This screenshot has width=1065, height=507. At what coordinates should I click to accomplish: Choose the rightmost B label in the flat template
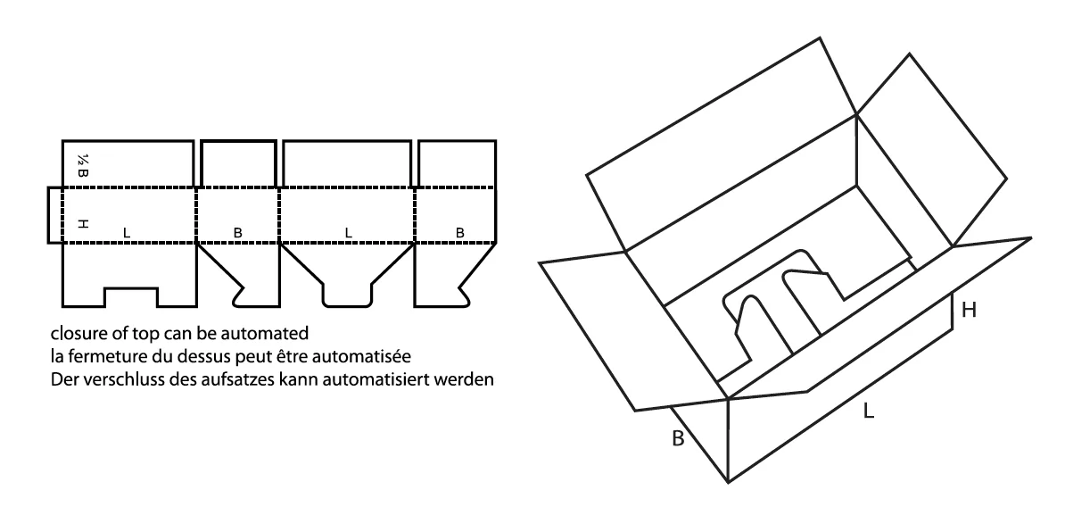point(459,232)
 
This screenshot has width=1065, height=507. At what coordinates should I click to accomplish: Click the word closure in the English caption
point(75,336)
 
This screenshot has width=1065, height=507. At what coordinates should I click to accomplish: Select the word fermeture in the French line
point(98,357)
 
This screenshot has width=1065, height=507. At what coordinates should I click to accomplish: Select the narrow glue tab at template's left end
point(54,214)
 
